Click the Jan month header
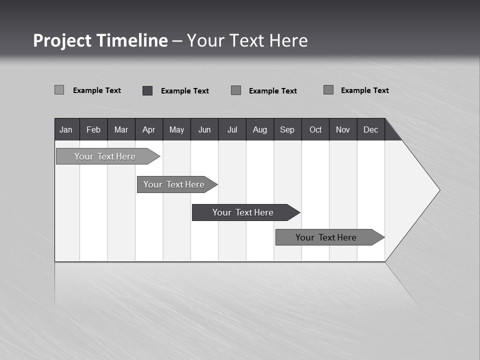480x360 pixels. coord(66,129)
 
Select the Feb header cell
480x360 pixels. coord(93,129)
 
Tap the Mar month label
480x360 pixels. coord(121,129)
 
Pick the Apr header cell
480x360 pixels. coord(149,129)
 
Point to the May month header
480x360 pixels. coord(176,129)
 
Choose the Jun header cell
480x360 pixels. coord(204,129)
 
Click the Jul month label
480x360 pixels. coord(232,129)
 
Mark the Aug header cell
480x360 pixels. coord(260,129)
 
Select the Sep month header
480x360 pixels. coord(287,129)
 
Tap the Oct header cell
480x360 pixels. coord(315,129)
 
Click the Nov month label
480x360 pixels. coord(343,129)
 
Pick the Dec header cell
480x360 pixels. coord(371,129)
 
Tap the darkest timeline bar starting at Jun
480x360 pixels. coord(243,212)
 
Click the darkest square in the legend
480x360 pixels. coord(147,90)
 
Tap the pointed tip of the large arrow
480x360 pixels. coord(438,190)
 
